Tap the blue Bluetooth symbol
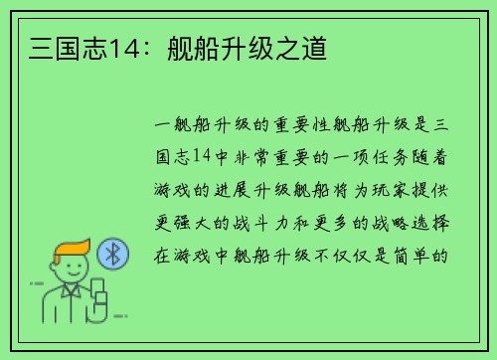(112, 254)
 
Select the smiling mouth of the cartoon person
(72, 274)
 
